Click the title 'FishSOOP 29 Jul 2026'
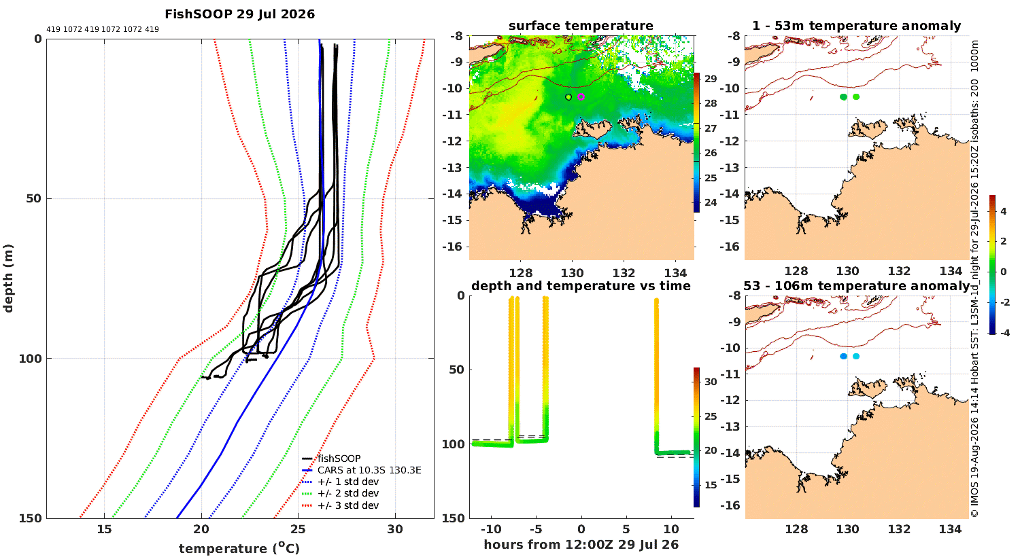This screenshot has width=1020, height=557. pos(239,14)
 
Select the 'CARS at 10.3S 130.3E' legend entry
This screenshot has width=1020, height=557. pos(369,470)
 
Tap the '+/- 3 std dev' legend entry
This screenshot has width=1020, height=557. pos(348,505)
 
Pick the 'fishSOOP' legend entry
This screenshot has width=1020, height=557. pos(339,459)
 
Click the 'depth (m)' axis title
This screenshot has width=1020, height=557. pos(8,278)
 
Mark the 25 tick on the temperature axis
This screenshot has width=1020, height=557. pos(299,529)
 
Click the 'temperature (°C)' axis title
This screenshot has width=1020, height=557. pos(239,548)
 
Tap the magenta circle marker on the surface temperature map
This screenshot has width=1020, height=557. pos(581,96)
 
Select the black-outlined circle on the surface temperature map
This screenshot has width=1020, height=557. pos(568,97)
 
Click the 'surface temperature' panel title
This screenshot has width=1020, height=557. pos(581,26)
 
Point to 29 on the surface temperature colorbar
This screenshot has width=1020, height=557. pos(711,79)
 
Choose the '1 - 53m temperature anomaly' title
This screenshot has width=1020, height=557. pos(857,26)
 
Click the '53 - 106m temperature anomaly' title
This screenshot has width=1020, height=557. pos(857,286)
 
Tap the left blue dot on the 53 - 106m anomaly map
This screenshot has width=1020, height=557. pos(843,357)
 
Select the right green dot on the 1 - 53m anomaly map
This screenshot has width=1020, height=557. pos(856,97)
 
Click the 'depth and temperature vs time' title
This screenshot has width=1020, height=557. pos(581,286)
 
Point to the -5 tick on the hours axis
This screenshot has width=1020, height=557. pos(536,529)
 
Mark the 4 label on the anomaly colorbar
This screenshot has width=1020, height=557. pos(1004,211)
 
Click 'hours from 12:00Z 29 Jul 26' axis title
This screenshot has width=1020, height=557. pos(581,545)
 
